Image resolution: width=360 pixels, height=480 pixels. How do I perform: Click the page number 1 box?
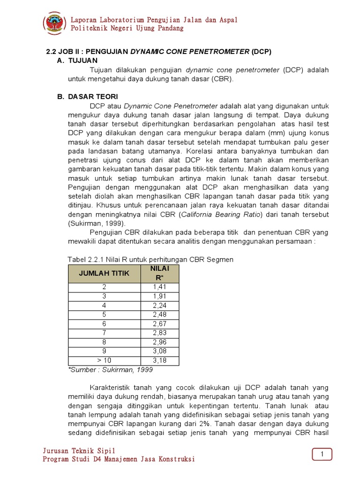(322, 454)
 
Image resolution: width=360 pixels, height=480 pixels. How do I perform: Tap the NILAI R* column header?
(159, 273)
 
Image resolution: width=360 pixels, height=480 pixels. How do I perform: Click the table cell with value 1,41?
(159, 287)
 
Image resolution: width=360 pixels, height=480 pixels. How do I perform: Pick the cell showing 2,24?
(159, 305)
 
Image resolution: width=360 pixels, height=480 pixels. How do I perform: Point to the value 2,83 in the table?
(159, 333)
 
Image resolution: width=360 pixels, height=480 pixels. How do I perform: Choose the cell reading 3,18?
(159, 360)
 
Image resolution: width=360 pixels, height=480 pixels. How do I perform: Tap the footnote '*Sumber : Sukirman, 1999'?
(111, 369)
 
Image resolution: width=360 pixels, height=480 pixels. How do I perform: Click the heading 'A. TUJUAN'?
(77, 61)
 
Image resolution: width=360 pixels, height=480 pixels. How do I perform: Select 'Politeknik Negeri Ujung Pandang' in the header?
(127, 29)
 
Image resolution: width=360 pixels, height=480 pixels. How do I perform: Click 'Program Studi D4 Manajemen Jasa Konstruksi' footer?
(119, 459)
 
